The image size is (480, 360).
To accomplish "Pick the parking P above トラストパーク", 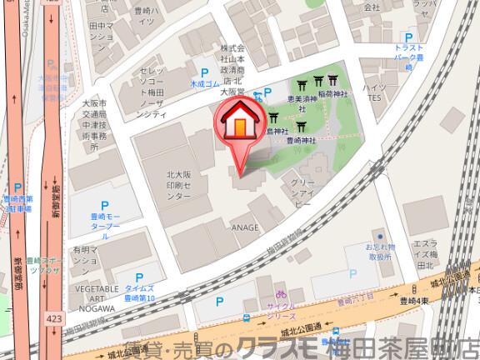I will click(408, 37).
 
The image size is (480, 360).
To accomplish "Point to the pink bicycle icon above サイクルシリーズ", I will click(282, 294).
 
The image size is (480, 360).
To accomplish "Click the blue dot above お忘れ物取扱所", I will click(380, 236).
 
